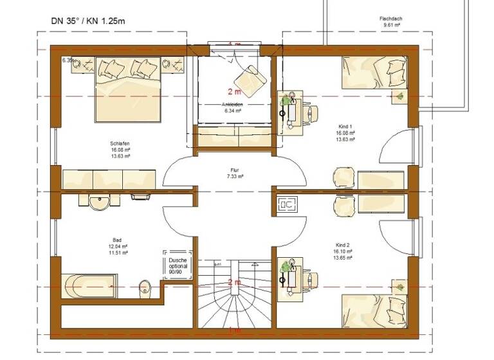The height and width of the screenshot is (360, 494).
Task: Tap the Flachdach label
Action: (390, 19)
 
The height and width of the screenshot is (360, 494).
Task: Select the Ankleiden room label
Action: (233, 104)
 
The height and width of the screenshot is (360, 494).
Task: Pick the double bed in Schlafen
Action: (128, 87)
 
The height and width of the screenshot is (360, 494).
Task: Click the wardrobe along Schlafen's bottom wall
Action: (109, 179)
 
